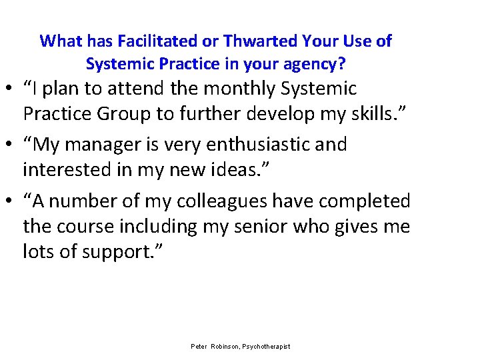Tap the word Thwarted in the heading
pyautogui.click(x=255, y=41)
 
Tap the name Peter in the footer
pyautogui.click(x=199, y=347)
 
